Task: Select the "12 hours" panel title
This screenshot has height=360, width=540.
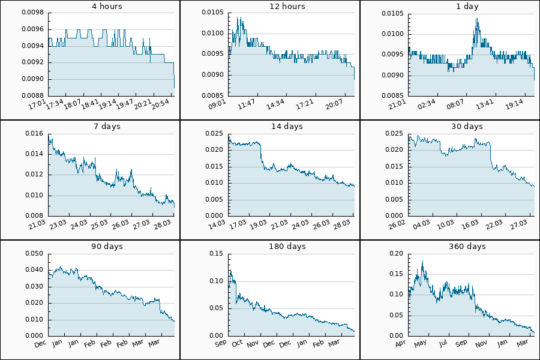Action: [287, 7]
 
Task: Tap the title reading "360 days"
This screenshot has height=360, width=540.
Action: [467, 247]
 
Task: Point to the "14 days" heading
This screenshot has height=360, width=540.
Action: [287, 127]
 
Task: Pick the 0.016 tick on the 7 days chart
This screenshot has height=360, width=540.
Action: [33, 134]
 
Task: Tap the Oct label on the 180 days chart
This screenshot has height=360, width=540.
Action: [238, 343]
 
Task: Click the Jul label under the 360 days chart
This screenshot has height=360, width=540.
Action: [443, 343]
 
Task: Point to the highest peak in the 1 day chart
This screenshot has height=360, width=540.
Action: [477, 19]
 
